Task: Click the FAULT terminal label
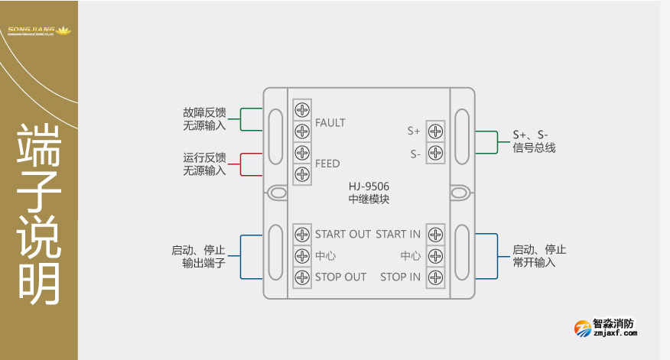[330, 122]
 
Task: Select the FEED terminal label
[327, 164]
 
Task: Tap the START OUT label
[343, 234]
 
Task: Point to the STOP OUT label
[341, 277]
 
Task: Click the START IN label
[398, 234]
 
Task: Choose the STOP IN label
[400, 277]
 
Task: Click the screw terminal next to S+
[436, 131]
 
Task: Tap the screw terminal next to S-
[436, 153]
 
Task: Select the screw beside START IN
[436, 234]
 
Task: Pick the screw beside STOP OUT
[302, 277]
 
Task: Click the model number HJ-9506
[369, 186]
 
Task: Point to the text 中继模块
[369, 199]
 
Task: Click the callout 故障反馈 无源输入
[205, 118]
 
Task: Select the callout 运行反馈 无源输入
[205, 164]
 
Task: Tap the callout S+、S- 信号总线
[534, 141]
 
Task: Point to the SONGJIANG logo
[38, 31]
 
